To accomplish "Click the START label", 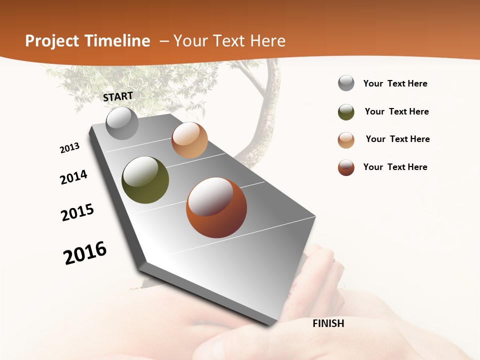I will tap(118, 96).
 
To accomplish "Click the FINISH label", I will tap(328, 323).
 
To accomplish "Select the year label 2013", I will tap(69, 148).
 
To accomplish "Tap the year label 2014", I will tap(73, 177).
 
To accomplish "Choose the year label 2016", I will tap(85, 253).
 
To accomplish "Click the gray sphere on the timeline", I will tap(122, 123).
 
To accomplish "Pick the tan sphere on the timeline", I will tap(189, 140).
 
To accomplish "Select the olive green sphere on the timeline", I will tap(145, 180).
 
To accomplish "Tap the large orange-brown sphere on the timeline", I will tap(216, 207).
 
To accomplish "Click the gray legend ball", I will tap(346, 83).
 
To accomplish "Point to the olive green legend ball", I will tap(346, 112).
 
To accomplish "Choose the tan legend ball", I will tap(346, 140).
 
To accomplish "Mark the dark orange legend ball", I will tap(346, 167).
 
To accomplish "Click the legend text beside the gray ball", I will tap(395, 83).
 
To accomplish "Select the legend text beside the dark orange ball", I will tap(395, 167).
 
